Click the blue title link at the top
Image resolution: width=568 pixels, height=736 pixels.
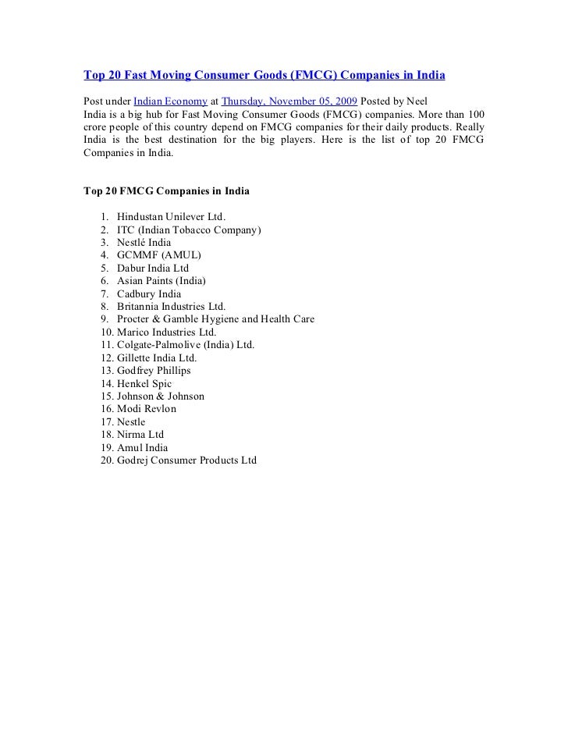(264, 76)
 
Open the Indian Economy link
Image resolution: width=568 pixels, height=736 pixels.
(171, 102)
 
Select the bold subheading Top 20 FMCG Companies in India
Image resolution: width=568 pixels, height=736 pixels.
(166, 190)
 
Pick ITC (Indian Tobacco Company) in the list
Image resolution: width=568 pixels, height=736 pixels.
(190, 230)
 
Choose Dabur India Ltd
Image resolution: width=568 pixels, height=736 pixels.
(153, 268)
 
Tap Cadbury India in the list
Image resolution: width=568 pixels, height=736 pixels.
(149, 293)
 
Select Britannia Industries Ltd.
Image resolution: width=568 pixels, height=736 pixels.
(171, 307)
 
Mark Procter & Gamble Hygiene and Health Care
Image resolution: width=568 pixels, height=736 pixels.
(215, 319)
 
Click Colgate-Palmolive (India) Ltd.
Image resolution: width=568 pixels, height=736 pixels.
(186, 344)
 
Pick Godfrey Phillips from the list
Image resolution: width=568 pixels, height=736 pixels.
(154, 371)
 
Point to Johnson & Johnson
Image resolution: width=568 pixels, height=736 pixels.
(160, 396)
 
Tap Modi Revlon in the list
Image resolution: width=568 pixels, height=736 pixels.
(147, 409)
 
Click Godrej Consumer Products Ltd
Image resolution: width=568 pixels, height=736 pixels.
(186, 460)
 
